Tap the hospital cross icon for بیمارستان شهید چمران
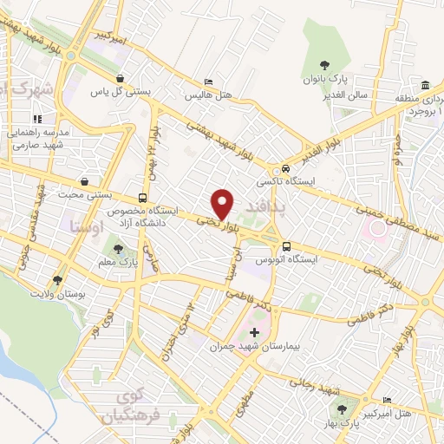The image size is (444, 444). (253, 332)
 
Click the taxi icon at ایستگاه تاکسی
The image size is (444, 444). (284, 169)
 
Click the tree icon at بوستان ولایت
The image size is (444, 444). (57, 280)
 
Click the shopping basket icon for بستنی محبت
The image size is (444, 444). (85, 182)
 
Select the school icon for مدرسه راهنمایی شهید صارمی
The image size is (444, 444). (36, 118)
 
